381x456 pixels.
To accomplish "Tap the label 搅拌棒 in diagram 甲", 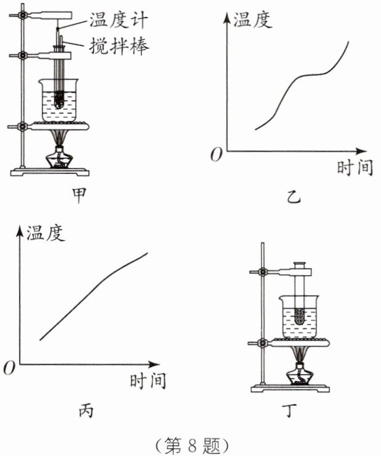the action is click(119, 46).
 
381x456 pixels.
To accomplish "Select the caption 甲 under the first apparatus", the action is click(79, 195).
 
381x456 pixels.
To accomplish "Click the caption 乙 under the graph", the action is click(293, 197).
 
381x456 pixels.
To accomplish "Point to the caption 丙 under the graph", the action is click(86, 410).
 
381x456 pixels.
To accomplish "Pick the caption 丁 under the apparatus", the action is click(290, 410).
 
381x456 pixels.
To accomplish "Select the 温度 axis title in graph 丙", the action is click(46, 233).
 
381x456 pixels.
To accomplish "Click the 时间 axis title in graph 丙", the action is click(148, 381).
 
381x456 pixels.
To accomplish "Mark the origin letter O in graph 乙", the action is click(216, 154).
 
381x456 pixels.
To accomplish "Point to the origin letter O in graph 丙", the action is click(9, 368).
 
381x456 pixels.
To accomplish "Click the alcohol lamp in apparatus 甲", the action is click(59, 159).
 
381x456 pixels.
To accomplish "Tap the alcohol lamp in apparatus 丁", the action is click(299, 375).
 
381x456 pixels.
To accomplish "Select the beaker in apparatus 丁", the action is click(299, 317).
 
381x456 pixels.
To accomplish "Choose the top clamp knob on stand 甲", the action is click(22, 15).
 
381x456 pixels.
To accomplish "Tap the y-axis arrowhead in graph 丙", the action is click(20, 231).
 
